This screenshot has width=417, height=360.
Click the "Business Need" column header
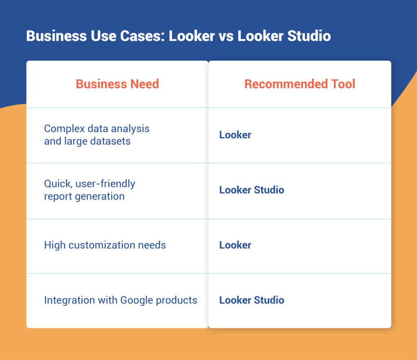point(117,84)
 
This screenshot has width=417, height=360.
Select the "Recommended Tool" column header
point(300,84)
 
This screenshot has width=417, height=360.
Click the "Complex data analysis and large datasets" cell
point(97,135)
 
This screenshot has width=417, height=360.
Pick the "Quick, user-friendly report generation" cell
point(90,190)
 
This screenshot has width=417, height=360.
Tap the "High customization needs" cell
point(105,245)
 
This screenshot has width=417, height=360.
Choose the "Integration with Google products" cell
point(121,301)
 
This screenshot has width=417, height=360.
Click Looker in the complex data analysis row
point(235,135)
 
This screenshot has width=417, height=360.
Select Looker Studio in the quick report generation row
point(251,190)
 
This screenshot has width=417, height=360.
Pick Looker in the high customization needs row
point(235,245)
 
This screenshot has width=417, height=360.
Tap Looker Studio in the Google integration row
point(251,301)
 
